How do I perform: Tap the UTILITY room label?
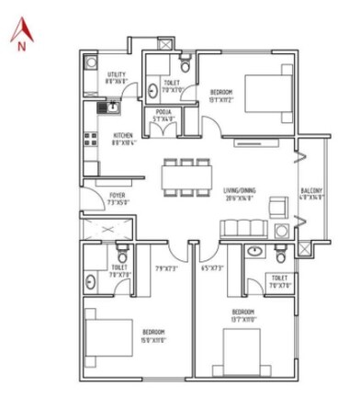(116, 76)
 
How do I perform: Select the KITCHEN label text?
(122, 137)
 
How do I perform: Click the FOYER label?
(118, 197)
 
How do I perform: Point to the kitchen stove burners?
(90, 140)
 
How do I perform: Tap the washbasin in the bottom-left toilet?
(91, 282)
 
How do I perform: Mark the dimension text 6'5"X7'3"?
(212, 269)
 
